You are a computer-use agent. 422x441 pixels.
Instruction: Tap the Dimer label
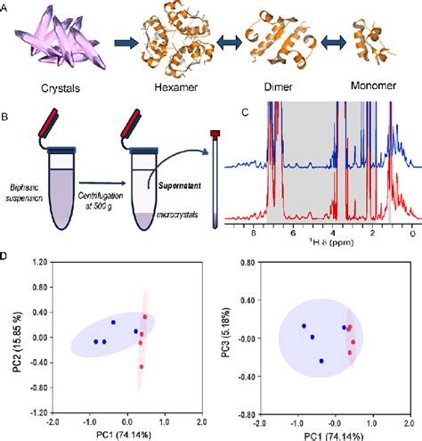tap(276, 90)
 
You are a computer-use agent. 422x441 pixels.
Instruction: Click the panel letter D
tap(6, 258)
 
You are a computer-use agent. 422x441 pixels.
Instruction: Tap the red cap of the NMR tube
tap(214, 134)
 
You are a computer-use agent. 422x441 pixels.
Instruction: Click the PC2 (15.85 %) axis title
tap(11, 336)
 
